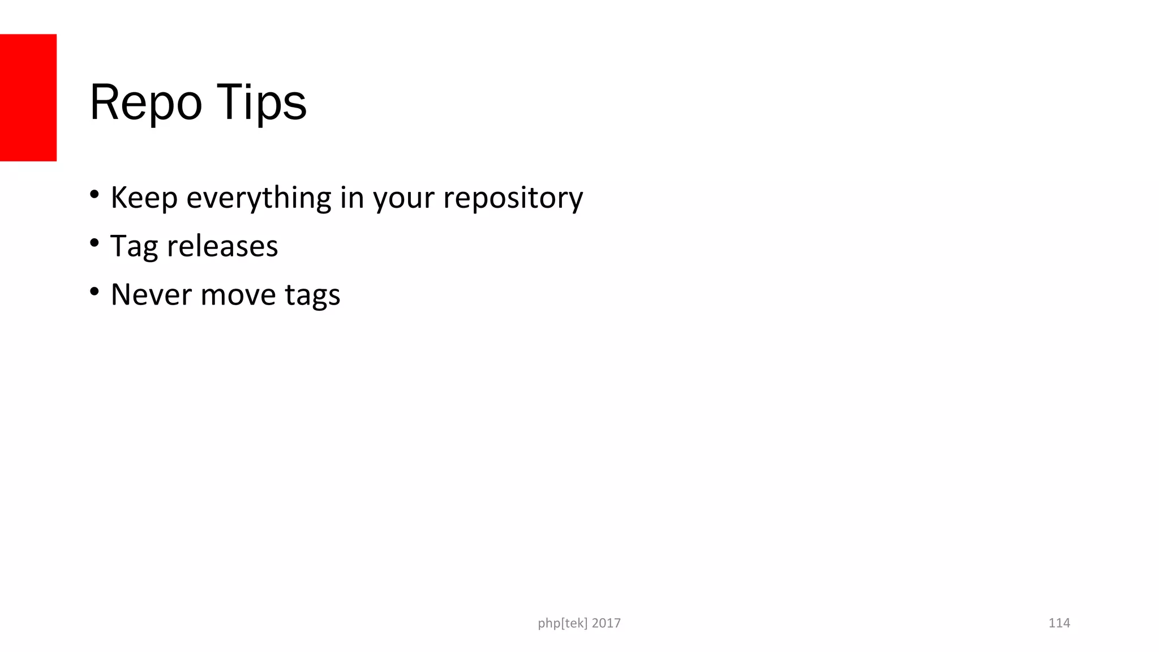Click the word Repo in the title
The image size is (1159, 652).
click(145, 103)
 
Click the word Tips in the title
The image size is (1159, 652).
click(261, 103)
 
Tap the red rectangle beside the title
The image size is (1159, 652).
click(28, 97)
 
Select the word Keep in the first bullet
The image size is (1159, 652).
click(144, 198)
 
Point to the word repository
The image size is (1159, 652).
click(513, 198)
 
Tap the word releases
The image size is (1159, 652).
click(222, 246)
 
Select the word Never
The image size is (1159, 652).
click(151, 295)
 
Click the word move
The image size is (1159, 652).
click(238, 295)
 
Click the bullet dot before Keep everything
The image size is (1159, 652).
click(95, 195)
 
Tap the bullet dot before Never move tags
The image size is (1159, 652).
click(95, 292)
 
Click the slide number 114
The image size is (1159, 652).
click(1059, 623)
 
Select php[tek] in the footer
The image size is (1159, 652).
click(563, 624)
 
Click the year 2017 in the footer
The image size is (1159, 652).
click(606, 623)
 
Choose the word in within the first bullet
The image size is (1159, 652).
click(352, 198)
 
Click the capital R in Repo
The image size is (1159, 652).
click(104, 102)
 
